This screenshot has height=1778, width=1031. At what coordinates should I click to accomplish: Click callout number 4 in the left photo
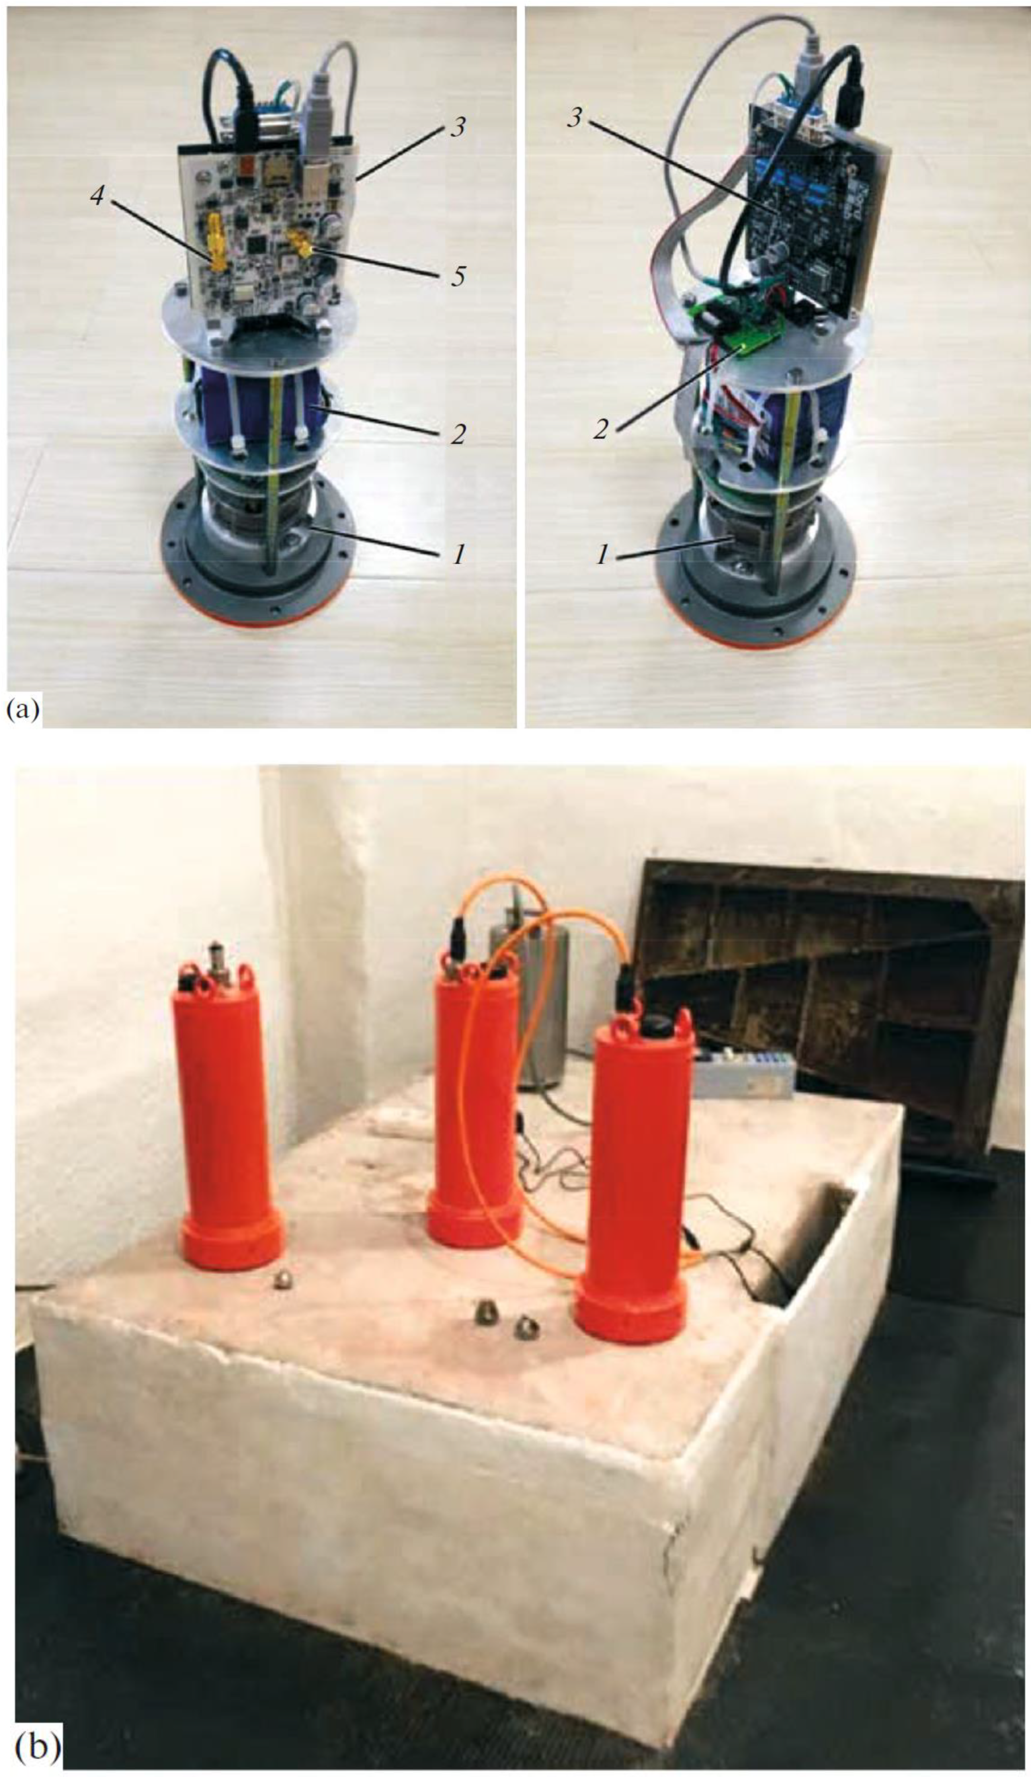pos(98,196)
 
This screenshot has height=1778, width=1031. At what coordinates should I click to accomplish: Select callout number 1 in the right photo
pos(601,555)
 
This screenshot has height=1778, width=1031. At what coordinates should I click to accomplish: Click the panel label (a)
pos(23,708)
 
